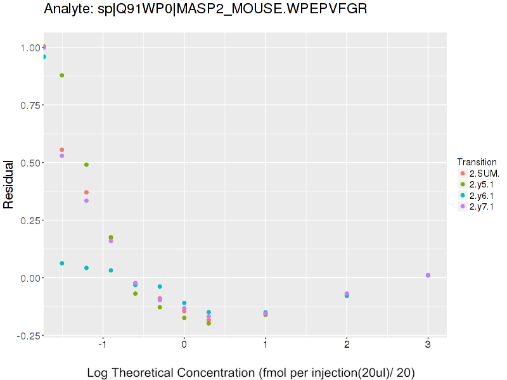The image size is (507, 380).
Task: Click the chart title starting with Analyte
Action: coord(205,9)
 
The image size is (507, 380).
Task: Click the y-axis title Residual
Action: coord(9,184)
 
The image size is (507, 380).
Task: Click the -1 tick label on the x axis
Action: coord(102,346)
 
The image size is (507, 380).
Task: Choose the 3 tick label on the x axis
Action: coord(428,346)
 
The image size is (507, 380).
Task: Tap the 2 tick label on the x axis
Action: coord(347,346)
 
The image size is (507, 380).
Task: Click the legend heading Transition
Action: coord(477,161)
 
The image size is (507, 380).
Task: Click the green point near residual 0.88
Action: coord(61,75)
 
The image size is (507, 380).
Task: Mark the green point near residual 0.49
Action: coord(86,165)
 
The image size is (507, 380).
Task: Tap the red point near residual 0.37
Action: coord(86,193)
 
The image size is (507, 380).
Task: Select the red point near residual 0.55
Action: coord(61,150)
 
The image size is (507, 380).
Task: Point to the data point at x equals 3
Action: coord(428,275)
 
